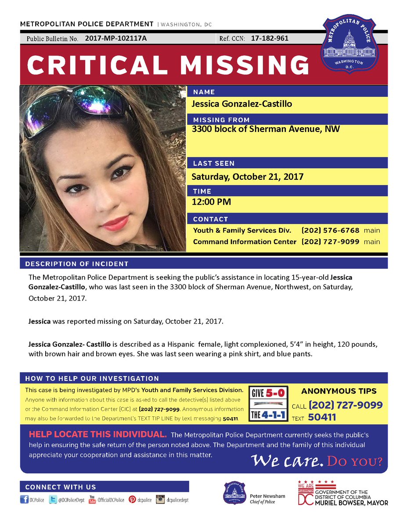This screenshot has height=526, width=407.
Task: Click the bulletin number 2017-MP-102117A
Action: click(116, 39)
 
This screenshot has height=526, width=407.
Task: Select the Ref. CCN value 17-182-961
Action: click(270, 39)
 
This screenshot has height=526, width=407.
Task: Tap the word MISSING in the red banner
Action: click(246, 65)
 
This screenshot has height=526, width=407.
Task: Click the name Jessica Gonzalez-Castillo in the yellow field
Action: click(242, 104)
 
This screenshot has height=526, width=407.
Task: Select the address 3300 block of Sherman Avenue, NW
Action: click(266, 129)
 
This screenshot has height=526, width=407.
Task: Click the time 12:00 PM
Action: click(212, 202)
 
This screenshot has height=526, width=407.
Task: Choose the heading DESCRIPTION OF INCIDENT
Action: click(77, 264)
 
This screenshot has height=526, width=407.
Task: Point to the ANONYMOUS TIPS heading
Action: click(339, 391)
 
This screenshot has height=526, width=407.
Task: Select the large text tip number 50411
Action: click(322, 418)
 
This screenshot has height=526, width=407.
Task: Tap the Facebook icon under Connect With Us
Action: click(24, 500)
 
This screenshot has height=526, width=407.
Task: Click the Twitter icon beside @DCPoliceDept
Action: click(52, 500)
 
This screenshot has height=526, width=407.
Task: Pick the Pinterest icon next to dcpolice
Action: click(132, 500)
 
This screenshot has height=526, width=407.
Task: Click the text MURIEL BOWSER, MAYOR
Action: click(351, 502)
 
